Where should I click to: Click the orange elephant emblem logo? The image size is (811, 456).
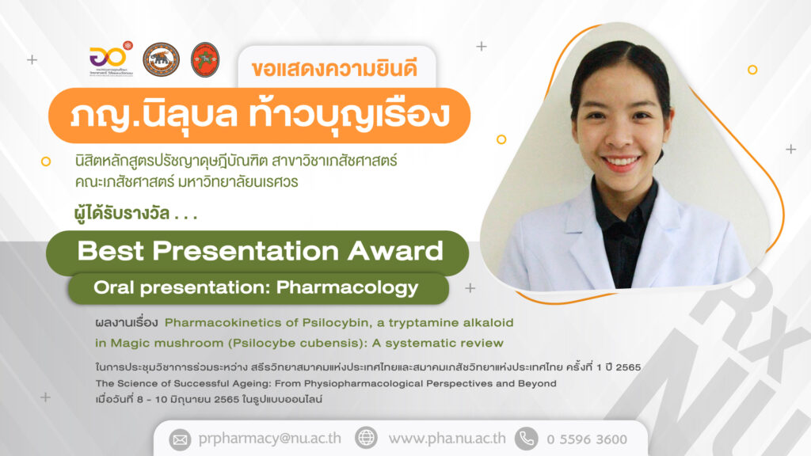point(161,59)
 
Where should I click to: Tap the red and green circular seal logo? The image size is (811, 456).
point(205,59)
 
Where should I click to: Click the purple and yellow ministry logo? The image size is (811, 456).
point(111,59)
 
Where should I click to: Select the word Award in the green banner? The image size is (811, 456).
point(395,251)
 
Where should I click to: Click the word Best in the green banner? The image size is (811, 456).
point(110,251)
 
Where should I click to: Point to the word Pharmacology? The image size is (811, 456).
point(347,288)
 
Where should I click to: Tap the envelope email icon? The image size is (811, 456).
point(180,439)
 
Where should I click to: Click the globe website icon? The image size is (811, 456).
point(366,438)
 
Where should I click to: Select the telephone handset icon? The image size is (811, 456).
point(526,439)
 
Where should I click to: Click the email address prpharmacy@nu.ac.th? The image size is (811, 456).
point(269,439)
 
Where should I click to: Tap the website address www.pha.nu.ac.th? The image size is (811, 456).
point(447,439)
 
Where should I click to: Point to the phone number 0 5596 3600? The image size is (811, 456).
point(587,439)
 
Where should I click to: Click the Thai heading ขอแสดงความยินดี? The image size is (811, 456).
point(334,69)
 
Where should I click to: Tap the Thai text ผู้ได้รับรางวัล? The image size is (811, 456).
point(122,213)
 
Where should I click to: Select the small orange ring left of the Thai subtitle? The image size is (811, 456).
point(46,161)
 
